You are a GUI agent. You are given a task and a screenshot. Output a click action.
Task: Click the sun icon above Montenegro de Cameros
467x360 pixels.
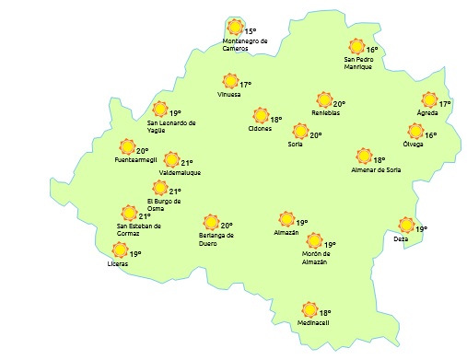click(x=235, y=28)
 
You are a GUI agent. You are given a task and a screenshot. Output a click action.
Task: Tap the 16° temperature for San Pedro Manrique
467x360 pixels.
click(x=373, y=51)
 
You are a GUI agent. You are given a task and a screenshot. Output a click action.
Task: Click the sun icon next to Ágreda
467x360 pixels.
click(x=429, y=100)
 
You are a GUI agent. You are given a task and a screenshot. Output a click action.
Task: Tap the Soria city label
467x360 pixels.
click(x=296, y=145)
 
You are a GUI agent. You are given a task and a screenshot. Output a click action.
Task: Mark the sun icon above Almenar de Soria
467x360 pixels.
click(x=365, y=157)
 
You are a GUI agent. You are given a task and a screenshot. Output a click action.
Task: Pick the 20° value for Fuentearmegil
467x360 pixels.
click(x=143, y=150)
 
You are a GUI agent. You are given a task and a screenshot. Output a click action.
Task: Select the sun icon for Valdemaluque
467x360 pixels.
click(x=171, y=160)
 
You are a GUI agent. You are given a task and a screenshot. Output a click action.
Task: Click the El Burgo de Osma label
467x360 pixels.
click(x=165, y=204)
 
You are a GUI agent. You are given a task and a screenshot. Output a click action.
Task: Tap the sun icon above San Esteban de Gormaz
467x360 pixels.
click(x=130, y=215)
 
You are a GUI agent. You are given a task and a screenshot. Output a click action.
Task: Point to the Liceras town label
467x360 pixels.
click(x=118, y=264)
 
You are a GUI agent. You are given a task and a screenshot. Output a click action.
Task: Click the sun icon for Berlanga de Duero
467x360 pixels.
click(x=212, y=222)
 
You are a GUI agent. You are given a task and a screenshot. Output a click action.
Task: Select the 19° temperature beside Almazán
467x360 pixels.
click(x=301, y=223)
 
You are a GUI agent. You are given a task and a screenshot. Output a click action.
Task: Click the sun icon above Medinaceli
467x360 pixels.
click(x=310, y=309)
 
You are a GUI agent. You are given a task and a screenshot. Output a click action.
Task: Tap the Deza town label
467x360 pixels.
click(x=400, y=239)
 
